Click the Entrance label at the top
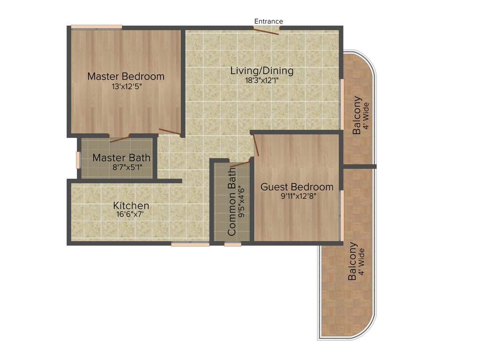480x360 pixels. [269, 21]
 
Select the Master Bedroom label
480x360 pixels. [126, 76]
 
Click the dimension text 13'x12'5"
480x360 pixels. [127, 87]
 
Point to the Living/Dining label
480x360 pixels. [262, 71]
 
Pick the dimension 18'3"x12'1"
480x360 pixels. [262, 80]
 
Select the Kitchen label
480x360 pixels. [131, 205]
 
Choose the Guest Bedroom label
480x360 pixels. [297, 187]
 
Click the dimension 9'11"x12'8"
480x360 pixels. [296, 197]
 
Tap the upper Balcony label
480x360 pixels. [358, 115]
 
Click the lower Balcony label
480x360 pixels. [353, 261]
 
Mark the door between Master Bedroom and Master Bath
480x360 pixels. [119, 138]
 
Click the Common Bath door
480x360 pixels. [240, 164]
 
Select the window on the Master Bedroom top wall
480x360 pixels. [97, 27]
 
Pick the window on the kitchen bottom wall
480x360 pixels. [183, 244]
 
